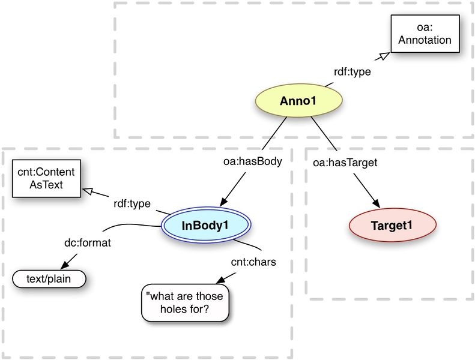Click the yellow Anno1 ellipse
[297, 100]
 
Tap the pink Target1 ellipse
[392, 225]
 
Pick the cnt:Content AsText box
[41, 178]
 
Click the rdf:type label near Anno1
[352, 72]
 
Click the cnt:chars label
[253, 262]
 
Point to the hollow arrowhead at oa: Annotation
[383, 56]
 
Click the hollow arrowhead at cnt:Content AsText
[88, 191]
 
